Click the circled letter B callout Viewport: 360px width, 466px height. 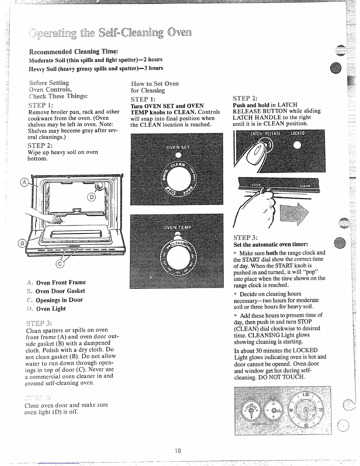click(x=21, y=243)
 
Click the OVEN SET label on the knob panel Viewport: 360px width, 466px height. click(x=178, y=147)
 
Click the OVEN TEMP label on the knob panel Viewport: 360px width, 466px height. click(x=177, y=228)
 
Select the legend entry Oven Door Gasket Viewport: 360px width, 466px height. click(x=60, y=291)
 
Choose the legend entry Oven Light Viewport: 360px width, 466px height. click(x=51, y=309)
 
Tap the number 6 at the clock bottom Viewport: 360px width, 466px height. click(x=306, y=427)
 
